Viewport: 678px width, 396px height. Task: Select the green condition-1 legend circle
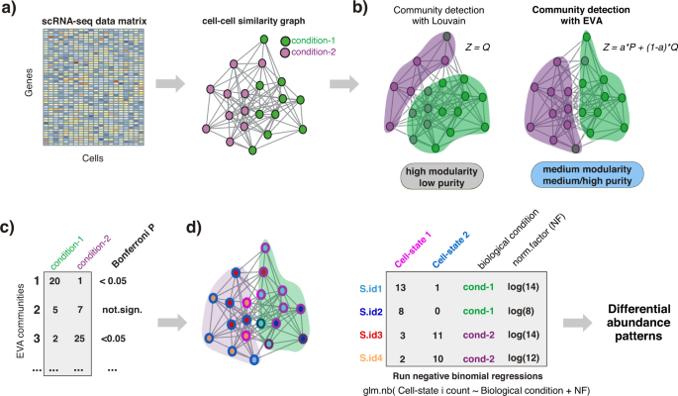coord(286,40)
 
